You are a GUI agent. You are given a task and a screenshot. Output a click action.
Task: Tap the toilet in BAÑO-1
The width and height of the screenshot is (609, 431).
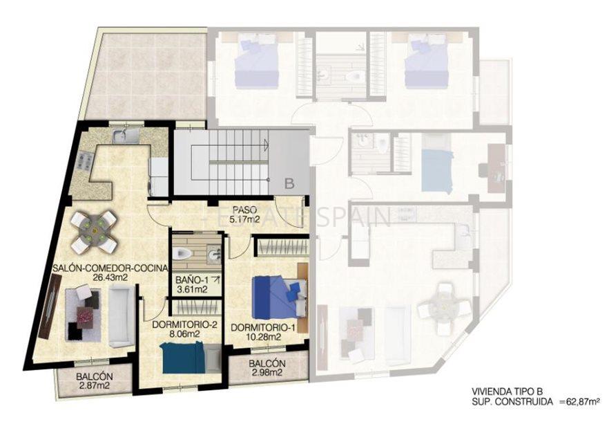[x=182, y=253]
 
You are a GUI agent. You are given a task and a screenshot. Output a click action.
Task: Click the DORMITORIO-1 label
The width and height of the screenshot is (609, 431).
[x=255, y=327]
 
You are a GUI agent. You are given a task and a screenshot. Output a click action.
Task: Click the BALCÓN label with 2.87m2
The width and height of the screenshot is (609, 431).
[x=95, y=377]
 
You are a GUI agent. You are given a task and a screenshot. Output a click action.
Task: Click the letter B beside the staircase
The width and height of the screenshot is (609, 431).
[x=290, y=183]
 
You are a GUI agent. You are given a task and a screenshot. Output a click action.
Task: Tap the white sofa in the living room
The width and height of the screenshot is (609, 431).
[x=121, y=315]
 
